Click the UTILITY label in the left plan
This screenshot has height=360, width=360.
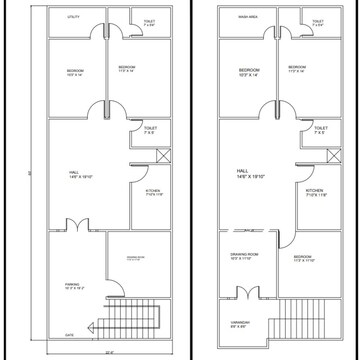pos(73,18)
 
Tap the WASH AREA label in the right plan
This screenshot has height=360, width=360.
pos(244,18)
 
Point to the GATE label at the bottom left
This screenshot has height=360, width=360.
pos(70,336)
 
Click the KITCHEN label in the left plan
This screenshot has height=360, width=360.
pos(153,192)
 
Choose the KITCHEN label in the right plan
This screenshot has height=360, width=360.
pos(315,192)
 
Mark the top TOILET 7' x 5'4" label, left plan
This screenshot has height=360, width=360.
pos(149,23)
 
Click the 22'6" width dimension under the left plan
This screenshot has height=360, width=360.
pos(110,352)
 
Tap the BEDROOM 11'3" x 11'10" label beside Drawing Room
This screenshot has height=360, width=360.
pos(303,259)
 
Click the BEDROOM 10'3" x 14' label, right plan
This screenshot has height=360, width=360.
pos(248,72)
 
